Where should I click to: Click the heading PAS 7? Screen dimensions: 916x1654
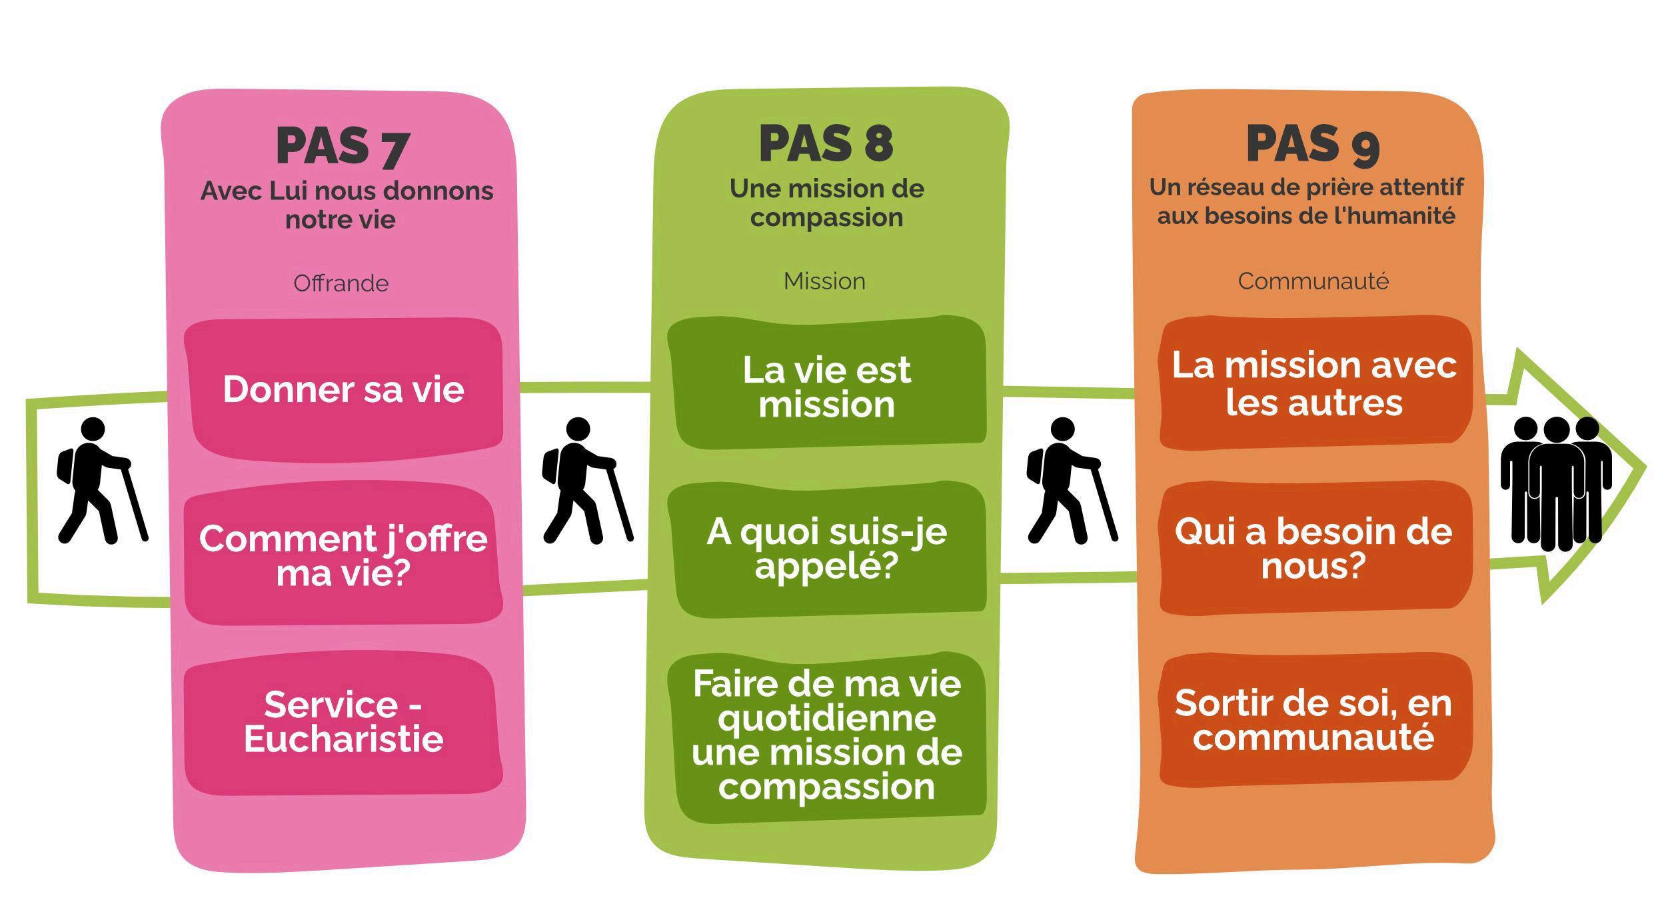343,147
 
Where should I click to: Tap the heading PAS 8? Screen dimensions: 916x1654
826,144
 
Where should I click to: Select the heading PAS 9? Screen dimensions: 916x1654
1312,144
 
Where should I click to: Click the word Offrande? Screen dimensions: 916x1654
341,283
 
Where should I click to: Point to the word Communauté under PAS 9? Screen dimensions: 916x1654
1313,281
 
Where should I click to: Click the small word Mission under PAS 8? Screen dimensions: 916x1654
824,281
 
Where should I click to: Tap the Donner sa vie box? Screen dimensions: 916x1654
343,389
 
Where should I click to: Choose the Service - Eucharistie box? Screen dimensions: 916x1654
343,722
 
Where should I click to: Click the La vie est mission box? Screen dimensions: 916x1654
827,387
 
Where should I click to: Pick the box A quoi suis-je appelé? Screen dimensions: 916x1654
827,549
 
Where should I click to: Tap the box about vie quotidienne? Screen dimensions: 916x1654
827,735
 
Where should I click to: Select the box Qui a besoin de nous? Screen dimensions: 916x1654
1314,549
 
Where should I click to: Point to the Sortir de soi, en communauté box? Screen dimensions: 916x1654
1314,720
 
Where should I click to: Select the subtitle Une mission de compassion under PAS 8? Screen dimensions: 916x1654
827,203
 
